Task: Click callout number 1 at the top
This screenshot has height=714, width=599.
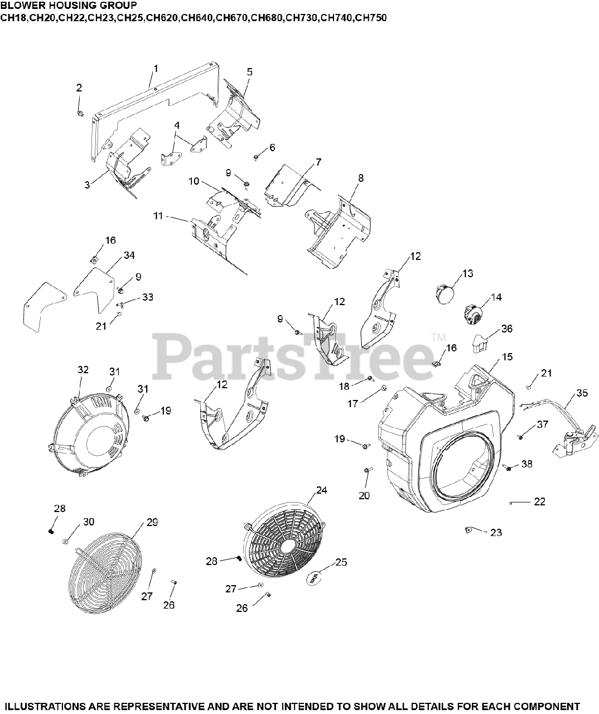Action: (156, 68)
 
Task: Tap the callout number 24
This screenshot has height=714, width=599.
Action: (321, 490)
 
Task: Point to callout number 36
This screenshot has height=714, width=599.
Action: (506, 329)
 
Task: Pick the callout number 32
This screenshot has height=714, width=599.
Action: (83, 369)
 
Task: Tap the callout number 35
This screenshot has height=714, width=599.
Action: (582, 393)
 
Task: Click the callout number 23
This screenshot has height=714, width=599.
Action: (496, 532)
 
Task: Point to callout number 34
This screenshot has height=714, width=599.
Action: (129, 255)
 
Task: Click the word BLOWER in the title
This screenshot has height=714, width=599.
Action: (18, 6)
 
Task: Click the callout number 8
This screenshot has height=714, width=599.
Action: (361, 178)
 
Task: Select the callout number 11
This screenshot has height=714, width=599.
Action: (158, 215)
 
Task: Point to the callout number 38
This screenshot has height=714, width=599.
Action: (527, 463)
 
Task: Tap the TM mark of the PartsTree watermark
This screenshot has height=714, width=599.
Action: (438, 338)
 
